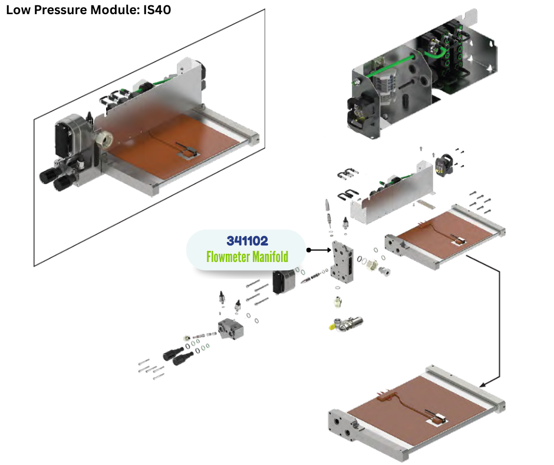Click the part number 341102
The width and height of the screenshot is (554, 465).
[x=247, y=241]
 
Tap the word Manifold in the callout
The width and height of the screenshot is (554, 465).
[x=271, y=257]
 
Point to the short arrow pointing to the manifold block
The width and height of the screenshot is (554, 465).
[x=319, y=250]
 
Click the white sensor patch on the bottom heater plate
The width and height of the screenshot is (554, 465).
[x=438, y=420]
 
